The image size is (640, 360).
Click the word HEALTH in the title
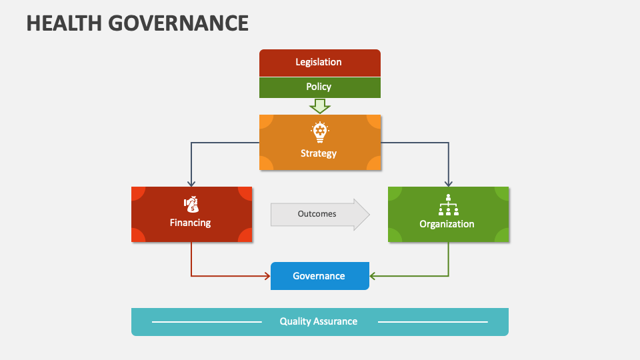65,23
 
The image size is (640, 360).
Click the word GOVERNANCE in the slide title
179,23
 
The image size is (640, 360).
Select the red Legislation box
319,63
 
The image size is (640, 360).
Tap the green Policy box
319,87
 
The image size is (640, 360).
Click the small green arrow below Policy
320,105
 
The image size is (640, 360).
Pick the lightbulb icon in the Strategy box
320,132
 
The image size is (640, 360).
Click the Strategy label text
319,153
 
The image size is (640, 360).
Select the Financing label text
190,223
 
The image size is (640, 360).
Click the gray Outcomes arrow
319,214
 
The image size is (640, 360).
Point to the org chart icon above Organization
448,204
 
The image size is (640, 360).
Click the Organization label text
447,224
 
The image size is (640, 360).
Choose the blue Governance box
319,276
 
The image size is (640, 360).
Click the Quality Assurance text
319,321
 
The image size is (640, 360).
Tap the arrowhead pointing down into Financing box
191,183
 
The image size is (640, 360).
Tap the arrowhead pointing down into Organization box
448,183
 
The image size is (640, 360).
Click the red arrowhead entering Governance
267,275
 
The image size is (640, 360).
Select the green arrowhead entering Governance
373,275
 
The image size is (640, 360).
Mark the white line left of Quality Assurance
207,322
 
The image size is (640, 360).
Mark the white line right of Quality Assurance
433,322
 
